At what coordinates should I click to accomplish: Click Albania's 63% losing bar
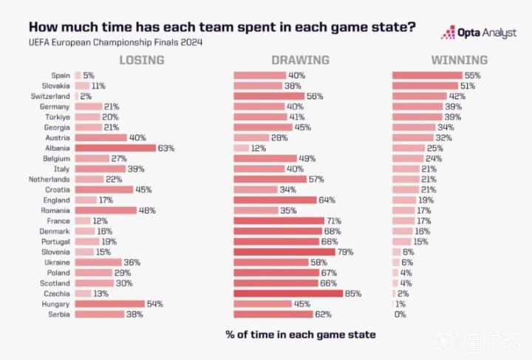[x=115, y=148]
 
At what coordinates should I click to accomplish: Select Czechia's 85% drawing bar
[x=288, y=293]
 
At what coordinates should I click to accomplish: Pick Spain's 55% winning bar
[x=426, y=75]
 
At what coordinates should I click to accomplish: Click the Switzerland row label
[x=50, y=96]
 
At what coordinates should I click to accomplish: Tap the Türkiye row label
[x=55, y=117]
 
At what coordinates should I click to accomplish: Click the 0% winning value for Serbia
[x=400, y=314]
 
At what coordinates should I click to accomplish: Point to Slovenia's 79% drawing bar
[x=284, y=252]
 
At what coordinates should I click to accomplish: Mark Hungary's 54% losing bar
[x=109, y=304]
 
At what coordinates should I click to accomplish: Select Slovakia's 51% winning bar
[x=424, y=86]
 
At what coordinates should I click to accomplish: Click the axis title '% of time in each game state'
[x=300, y=335]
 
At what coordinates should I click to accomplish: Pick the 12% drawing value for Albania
[x=259, y=148]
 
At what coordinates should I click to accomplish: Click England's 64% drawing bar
[x=274, y=200]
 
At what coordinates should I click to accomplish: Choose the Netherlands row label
[x=50, y=179]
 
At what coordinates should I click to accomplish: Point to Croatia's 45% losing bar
[x=103, y=189]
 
